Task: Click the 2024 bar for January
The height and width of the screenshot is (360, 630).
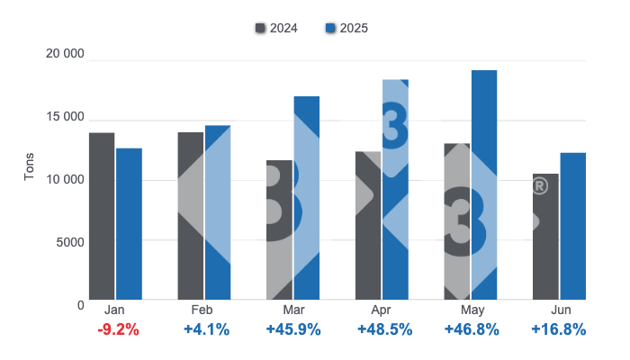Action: coord(102,216)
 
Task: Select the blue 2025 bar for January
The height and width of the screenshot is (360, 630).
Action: coord(129,223)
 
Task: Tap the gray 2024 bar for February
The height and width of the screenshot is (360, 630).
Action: coord(190,216)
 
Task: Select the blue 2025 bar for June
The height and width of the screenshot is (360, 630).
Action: coord(572,225)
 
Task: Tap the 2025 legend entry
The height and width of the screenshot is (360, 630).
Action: coord(346,28)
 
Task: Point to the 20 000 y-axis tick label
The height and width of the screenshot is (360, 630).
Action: coord(65,55)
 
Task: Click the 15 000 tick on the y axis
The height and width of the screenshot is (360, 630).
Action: coord(65,117)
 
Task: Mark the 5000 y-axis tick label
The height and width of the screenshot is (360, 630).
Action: coord(69,241)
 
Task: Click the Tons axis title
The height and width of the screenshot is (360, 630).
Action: coord(29,166)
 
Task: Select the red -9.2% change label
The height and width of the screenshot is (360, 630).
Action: coord(118,329)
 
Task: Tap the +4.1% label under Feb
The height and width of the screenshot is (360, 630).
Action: coord(206,329)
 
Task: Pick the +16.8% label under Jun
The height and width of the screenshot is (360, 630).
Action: coord(560,329)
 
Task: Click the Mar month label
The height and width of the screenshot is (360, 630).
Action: coord(294,310)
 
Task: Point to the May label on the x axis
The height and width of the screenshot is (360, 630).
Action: coord(472,310)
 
